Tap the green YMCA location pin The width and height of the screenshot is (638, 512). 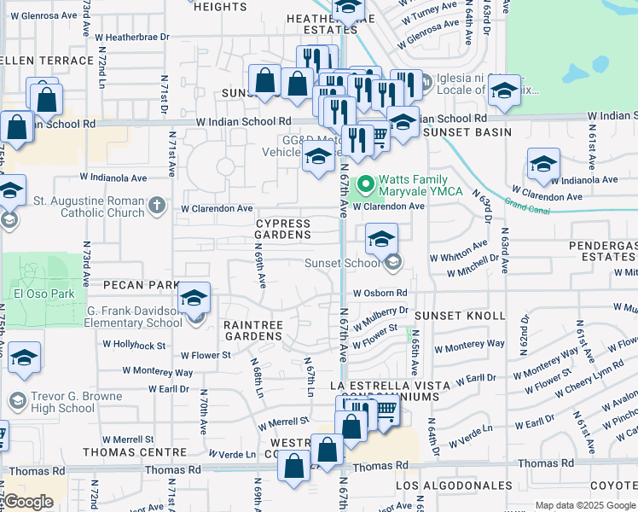pos(366,183)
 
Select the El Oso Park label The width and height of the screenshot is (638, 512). pos(34,294)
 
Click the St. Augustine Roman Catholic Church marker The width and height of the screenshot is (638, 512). pos(155,205)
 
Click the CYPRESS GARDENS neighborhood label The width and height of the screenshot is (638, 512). pos(283,229)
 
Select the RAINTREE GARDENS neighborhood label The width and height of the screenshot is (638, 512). pos(252,330)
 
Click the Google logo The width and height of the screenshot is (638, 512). pos(28,502)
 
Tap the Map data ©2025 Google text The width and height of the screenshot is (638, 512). pos(584,505)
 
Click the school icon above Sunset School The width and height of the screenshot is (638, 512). pos(381,239)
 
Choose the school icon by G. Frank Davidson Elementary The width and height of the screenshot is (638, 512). pos(194,299)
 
